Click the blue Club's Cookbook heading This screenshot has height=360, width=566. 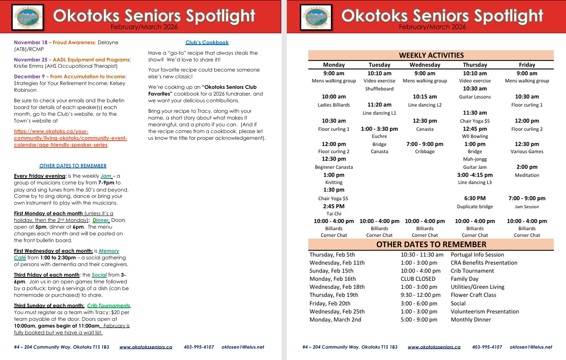207,43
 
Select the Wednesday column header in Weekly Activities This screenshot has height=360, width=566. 424,65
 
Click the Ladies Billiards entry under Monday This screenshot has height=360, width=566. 334,105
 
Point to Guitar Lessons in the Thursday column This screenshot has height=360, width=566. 475,97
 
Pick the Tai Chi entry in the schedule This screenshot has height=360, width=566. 334,213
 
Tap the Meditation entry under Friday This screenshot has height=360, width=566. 526,175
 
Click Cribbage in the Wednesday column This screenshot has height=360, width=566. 424,152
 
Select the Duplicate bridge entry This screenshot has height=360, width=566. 475,207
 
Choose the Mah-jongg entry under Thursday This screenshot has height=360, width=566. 475,159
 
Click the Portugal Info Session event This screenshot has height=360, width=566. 477,255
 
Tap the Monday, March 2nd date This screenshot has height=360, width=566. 335,320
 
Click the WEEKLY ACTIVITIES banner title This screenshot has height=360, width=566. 431,55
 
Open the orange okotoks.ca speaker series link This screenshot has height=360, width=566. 70,138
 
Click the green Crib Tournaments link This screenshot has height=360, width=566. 109,306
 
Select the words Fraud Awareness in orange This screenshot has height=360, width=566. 74,43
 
